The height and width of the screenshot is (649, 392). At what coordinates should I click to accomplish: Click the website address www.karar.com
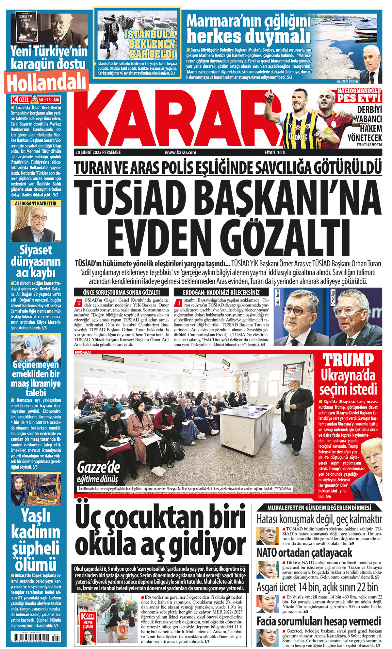[180, 152]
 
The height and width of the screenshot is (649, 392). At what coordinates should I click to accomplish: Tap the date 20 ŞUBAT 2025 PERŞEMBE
[98, 152]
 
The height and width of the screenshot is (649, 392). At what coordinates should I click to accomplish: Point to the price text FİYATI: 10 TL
[275, 152]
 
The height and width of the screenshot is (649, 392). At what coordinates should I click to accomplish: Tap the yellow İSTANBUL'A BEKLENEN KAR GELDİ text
[151, 44]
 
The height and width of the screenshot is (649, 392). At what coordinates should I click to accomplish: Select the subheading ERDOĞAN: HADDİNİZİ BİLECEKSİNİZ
[221, 292]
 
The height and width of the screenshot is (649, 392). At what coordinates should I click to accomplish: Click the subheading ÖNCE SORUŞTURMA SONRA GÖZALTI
[122, 292]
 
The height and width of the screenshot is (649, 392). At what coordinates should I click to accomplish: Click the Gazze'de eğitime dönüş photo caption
[98, 473]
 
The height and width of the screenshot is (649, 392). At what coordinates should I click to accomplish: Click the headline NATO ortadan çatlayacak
[304, 553]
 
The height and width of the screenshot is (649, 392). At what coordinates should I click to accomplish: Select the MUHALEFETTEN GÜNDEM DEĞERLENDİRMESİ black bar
[319, 508]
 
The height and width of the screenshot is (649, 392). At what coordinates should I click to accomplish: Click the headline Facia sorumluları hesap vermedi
[318, 621]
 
